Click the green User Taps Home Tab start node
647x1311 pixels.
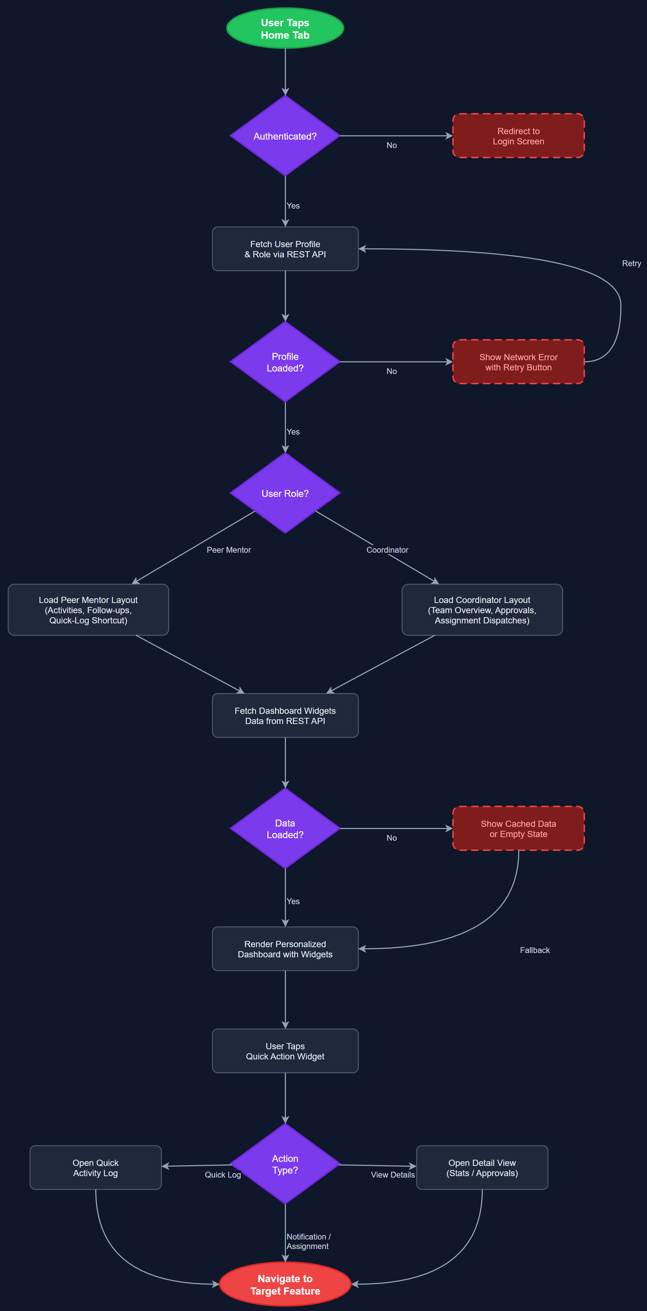[x=285, y=28]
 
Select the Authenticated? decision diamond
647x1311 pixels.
[x=285, y=136]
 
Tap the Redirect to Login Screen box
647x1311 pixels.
[x=518, y=136]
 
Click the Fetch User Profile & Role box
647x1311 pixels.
[x=285, y=249]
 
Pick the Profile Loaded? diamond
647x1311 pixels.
[x=285, y=362]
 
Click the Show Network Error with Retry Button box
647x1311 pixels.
[x=518, y=362]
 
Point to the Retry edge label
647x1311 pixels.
[x=631, y=263]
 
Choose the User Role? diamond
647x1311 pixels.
[x=285, y=493]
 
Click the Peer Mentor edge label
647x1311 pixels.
[x=229, y=550]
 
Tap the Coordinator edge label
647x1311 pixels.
[x=387, y=550]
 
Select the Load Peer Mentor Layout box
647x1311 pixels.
[x=88, y=610]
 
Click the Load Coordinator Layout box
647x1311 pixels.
[x=482, y=610]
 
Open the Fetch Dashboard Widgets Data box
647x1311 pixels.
[x=285, y=716]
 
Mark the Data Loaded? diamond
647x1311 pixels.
[x=285, y=829]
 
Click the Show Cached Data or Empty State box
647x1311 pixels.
[x=518, y=829]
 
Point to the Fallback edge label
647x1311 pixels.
[x=535, y=950]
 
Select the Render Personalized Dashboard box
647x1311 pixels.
[x=285, y=949]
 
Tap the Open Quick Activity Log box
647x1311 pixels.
[x=96, y=1167]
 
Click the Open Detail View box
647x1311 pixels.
[x=482, y=1167]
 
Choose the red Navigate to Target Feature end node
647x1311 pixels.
[x=285, y=1284]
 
